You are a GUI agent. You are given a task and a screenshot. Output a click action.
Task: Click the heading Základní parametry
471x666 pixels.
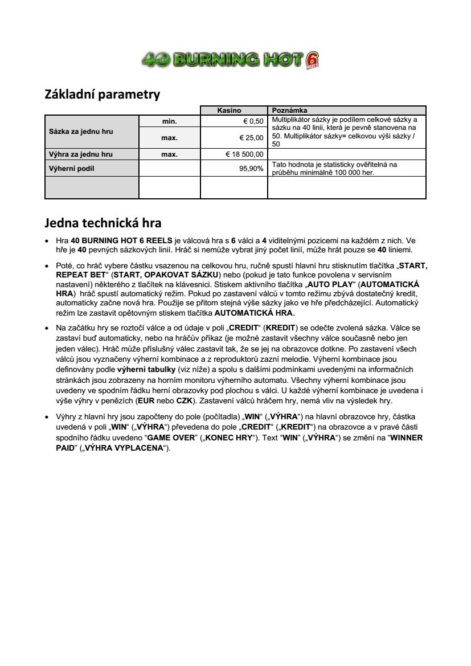(x=103, y=95)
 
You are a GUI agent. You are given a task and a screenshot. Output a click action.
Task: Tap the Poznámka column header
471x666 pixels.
(x=289, y=111)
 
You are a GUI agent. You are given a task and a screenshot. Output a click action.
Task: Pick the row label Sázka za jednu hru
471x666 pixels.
(x=79, y=132)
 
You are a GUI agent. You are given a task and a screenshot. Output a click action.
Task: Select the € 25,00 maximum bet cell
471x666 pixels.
(x=251, y=137)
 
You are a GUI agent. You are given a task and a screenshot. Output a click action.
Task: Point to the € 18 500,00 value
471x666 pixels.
(x=244, y=154)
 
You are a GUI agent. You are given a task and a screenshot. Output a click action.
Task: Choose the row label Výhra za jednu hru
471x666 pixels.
(x=79, y=154)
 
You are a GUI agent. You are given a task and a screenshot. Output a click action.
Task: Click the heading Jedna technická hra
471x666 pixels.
(x=103, y=223)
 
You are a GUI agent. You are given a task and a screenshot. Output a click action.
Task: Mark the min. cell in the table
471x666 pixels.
(x=170, y=121)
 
